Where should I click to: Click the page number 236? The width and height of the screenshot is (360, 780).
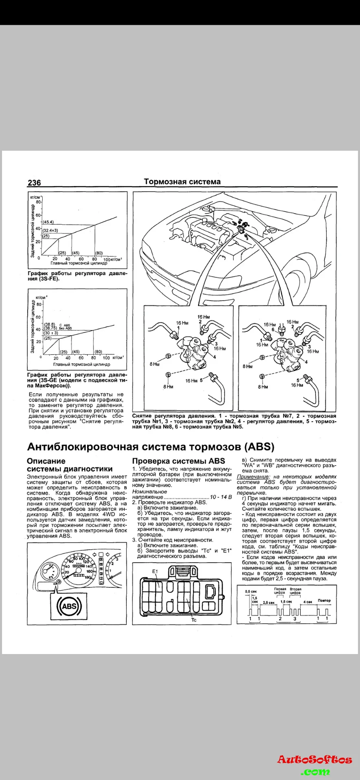click(34, 183)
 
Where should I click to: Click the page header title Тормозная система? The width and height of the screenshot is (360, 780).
click(182, 182)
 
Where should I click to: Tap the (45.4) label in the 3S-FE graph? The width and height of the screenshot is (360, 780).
click(48, 222)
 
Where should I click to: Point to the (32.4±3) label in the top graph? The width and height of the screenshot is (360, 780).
click(51, 230)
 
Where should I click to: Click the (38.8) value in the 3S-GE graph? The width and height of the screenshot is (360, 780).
click(50, 324)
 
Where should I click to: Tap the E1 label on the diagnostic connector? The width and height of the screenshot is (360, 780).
click(155, 572)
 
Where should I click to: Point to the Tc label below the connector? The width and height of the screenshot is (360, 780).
click(194, 620)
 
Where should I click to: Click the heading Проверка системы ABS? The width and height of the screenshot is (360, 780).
click(178, 461)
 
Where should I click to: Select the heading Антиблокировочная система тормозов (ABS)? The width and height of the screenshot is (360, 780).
click(150, 447)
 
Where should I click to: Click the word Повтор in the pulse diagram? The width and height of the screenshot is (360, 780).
click(324, 600)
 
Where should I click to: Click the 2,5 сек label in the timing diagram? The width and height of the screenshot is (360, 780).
click(269, 602)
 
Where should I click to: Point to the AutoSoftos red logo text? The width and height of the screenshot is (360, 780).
click(314, 760)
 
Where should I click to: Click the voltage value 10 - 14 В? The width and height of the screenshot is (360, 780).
click(221, 497)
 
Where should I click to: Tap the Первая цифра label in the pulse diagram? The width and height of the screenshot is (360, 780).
click(280, 591)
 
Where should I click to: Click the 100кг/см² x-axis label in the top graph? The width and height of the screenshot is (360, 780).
click(113, 259)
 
